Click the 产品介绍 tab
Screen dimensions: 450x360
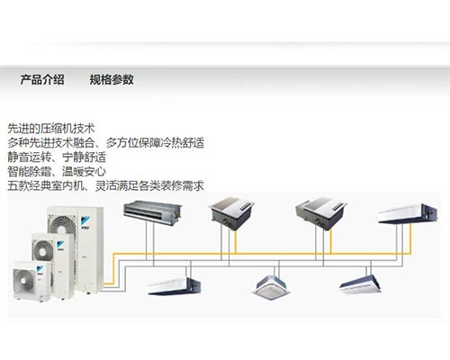tap(42, 80)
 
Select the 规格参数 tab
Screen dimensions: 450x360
tap(112, 80)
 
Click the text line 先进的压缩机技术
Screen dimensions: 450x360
tap(51, 129)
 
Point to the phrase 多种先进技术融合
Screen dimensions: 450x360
tap(50, 143)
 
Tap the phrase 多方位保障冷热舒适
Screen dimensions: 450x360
tap(155, 143)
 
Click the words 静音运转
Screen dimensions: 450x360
tap(29, 157)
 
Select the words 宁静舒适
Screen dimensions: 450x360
tap(84, 157)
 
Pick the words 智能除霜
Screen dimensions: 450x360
tap(29, 172)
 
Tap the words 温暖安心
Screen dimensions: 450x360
tap(84, 172)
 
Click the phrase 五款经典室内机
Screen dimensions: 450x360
tap(45, 186)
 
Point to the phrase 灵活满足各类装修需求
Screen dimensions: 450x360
tap(149, 186)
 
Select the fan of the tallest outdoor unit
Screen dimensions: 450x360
tap(63, 224)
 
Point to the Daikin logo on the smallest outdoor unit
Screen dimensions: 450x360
tap(40, 270)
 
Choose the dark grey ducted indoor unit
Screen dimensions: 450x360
tap(152, 212)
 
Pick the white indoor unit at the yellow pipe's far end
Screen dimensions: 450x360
tap(408, 213)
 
